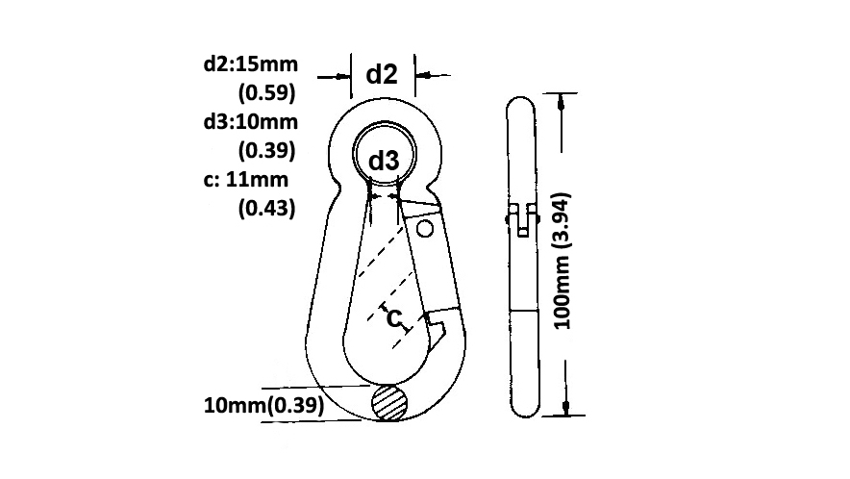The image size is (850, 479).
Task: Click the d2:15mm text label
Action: tap(250, 64)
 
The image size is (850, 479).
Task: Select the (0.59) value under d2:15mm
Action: tap(266, 92)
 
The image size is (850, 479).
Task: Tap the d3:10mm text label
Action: tap(250, 121)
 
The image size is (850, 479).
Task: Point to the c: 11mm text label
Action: tap(245, 179)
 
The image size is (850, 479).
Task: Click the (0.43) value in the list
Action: tap(266, 208)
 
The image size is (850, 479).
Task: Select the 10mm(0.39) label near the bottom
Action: tap(264, 405)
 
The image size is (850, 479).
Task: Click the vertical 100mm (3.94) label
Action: tap(562, 261)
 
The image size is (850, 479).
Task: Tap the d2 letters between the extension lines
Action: tap(382, 74)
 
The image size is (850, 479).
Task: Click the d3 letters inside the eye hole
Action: tap(384, 161)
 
